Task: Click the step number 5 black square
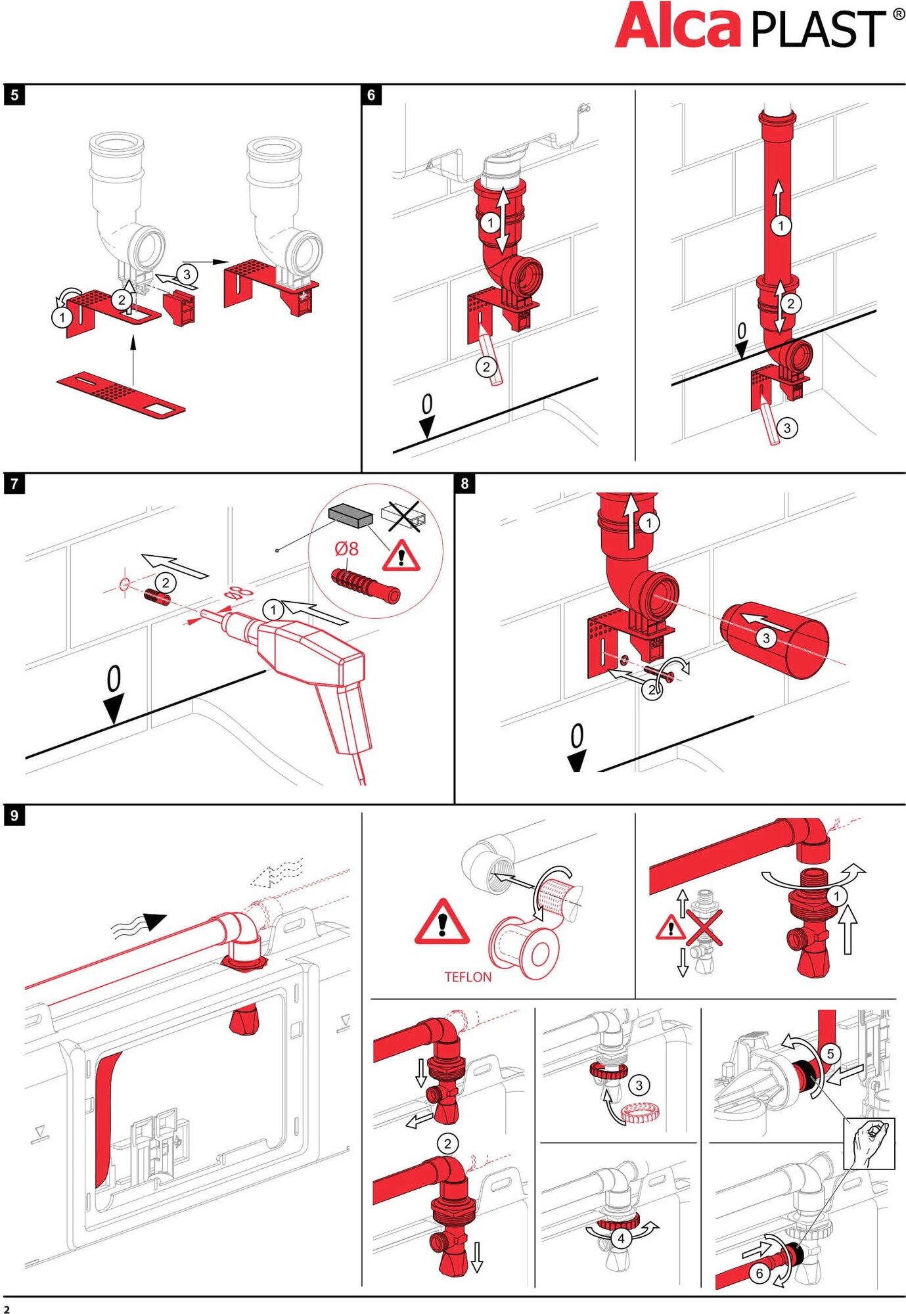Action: coord(14,95)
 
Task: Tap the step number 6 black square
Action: coord(371,95)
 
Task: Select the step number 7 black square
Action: coord(14,484)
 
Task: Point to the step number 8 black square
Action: coord(464,484)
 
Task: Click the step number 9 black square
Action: coord(14,815)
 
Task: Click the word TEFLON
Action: coord(468,977)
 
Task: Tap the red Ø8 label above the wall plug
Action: coord(346,548)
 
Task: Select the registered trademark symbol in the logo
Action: coord(898,14)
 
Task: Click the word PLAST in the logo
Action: coord(818,30)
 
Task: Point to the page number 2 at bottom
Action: coord(7,1309)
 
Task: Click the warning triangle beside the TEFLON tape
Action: coord(442,923)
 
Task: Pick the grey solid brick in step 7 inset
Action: coord(350,516)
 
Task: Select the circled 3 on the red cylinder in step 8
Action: coord(765,638)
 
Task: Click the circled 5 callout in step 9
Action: coord(830,1054)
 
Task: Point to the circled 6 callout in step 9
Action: coord(759,1273)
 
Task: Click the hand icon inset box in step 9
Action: coord(869,1144)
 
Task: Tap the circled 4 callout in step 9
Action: coord(621,1238)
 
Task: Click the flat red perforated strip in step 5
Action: coord(121,394)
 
